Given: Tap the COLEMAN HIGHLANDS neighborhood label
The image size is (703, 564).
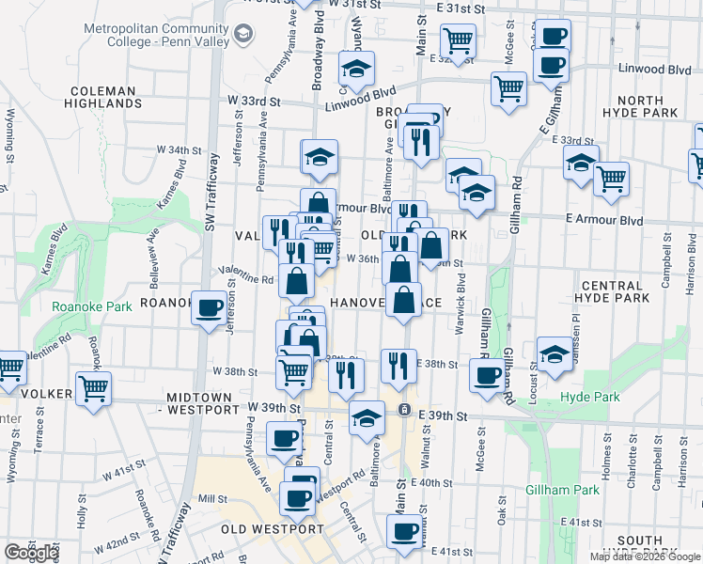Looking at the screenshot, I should pos(104,97).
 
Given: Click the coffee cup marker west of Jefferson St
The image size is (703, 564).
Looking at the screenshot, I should pos(209,306).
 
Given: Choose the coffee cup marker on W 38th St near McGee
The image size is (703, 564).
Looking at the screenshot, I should pos(487,376).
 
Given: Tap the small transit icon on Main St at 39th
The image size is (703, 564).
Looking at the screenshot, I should pos(404,410).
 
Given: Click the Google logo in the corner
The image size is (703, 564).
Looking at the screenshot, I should pos(31,553).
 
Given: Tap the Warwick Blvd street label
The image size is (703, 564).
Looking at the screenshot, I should pos(461,293).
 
